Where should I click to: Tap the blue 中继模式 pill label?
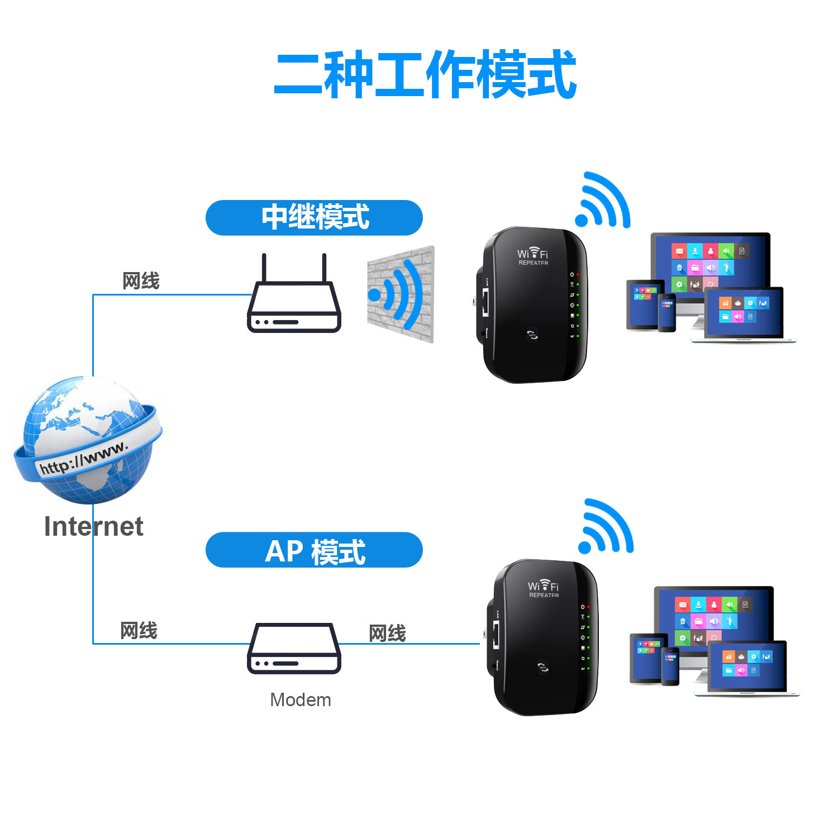(314, 217)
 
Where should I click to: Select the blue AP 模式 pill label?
(314, 550)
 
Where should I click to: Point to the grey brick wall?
(400, 294)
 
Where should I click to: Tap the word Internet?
(93, 526)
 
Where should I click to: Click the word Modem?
(301, 699)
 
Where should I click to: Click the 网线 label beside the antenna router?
(141, 280)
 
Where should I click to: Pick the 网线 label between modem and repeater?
(387, 633)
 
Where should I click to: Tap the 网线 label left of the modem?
(139, 631)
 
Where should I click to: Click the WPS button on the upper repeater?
(532, 335)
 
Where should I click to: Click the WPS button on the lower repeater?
(542, 667)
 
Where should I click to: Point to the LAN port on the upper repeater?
(485, 303)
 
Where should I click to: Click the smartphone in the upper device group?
(666, 313)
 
